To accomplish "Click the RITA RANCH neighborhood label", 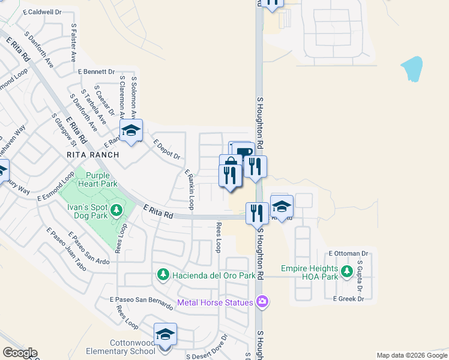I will point(93,155).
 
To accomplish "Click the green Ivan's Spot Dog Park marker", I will point(116,210).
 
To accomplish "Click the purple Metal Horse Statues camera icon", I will point(262,302).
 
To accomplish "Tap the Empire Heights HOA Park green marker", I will point(346,272).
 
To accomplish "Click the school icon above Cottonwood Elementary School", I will point(164,335).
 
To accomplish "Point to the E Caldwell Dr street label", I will point(42,12).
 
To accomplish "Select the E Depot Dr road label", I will point(167,149).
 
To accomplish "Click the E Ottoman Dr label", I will point(348,254).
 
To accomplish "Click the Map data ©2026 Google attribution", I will point(411,355).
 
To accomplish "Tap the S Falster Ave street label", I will point(73,43).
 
